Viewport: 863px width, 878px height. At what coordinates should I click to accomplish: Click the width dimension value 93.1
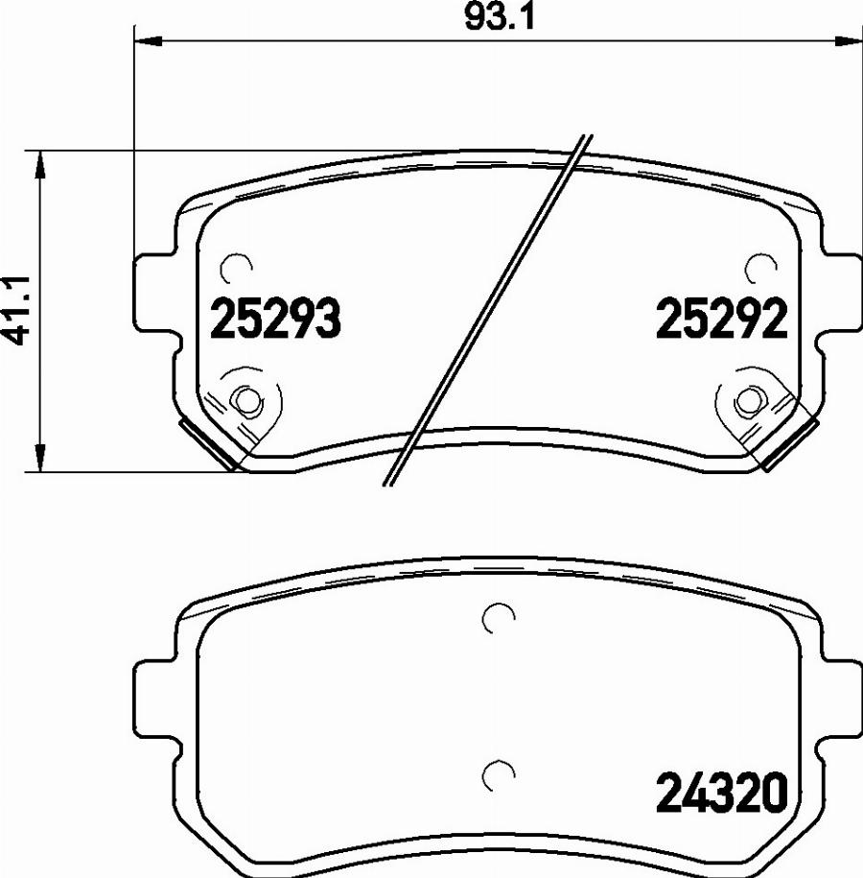click(498, 16)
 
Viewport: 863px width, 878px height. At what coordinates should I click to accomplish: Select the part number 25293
click(274, 320)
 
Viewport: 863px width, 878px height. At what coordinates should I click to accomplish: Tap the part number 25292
click(721, 320)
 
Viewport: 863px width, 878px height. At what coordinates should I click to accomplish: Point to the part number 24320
click(721, 793)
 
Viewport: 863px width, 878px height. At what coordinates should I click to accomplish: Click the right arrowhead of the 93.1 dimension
click(850, 40)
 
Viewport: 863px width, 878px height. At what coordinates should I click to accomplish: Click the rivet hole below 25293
click(247, 400)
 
